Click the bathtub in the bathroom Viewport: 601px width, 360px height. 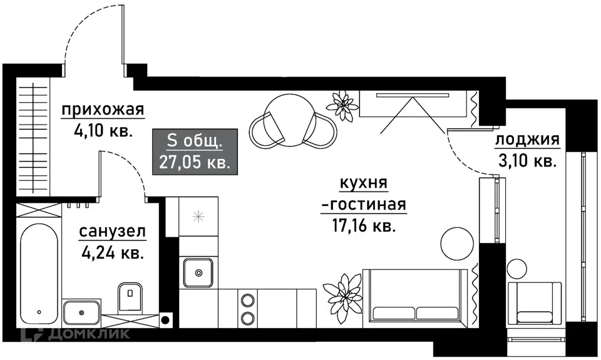[39, 274]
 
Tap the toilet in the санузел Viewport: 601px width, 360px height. [130, 297]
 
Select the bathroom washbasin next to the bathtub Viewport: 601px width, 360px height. [81, 312]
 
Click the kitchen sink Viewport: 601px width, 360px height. [198, 272]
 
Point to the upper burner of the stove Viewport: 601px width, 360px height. [247, 300]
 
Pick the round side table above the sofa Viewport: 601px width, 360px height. [457, 243]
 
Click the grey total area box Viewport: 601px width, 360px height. [195, 152]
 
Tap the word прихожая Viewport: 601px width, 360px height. [103, 110]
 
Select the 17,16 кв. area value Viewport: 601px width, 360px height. [363, 226]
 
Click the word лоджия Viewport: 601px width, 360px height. [527, 140]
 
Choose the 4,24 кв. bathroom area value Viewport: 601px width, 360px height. [113, 253]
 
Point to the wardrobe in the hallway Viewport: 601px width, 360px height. [33, 137]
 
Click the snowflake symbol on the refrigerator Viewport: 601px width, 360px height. [198, 217]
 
